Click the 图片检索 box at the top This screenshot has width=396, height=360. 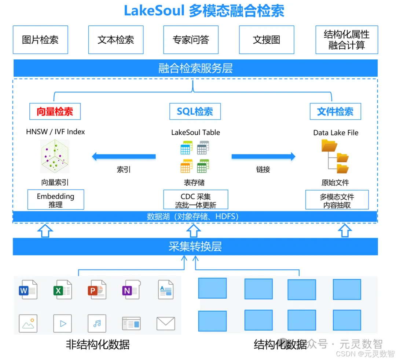point(40,40)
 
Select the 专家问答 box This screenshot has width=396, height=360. point(191,40)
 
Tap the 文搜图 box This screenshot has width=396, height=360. point(266,40)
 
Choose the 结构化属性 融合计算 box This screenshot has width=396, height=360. point(346,40)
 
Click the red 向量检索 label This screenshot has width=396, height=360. point(55,112)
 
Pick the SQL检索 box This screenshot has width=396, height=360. point(195,112)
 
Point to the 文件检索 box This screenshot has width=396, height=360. point(335,112)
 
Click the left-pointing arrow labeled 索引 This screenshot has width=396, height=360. point(124,157)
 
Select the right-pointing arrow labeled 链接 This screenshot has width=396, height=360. point(263,157)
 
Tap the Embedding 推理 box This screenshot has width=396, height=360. point(56,200)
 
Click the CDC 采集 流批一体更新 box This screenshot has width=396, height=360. point(195,200)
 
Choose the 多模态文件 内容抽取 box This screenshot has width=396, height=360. point(337,200)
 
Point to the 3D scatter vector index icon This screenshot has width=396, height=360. point(55,156)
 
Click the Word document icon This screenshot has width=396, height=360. point(28,290)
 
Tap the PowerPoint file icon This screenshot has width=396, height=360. point(97,290)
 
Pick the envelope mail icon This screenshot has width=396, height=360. point(166,323)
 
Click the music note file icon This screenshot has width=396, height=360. point(97,323)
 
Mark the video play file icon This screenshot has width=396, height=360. point(62,323)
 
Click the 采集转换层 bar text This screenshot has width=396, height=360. point(195,246)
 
